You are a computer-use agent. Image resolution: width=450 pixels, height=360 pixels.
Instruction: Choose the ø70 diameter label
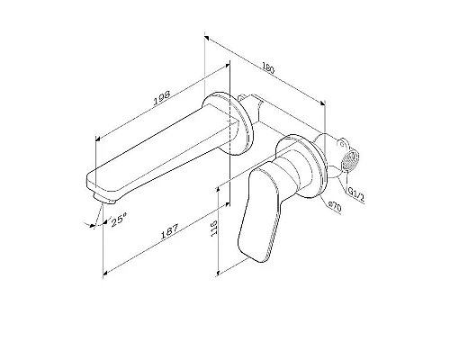[x=335, y=207]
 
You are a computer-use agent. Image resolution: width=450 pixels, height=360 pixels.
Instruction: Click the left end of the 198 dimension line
[x=96, y=138]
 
